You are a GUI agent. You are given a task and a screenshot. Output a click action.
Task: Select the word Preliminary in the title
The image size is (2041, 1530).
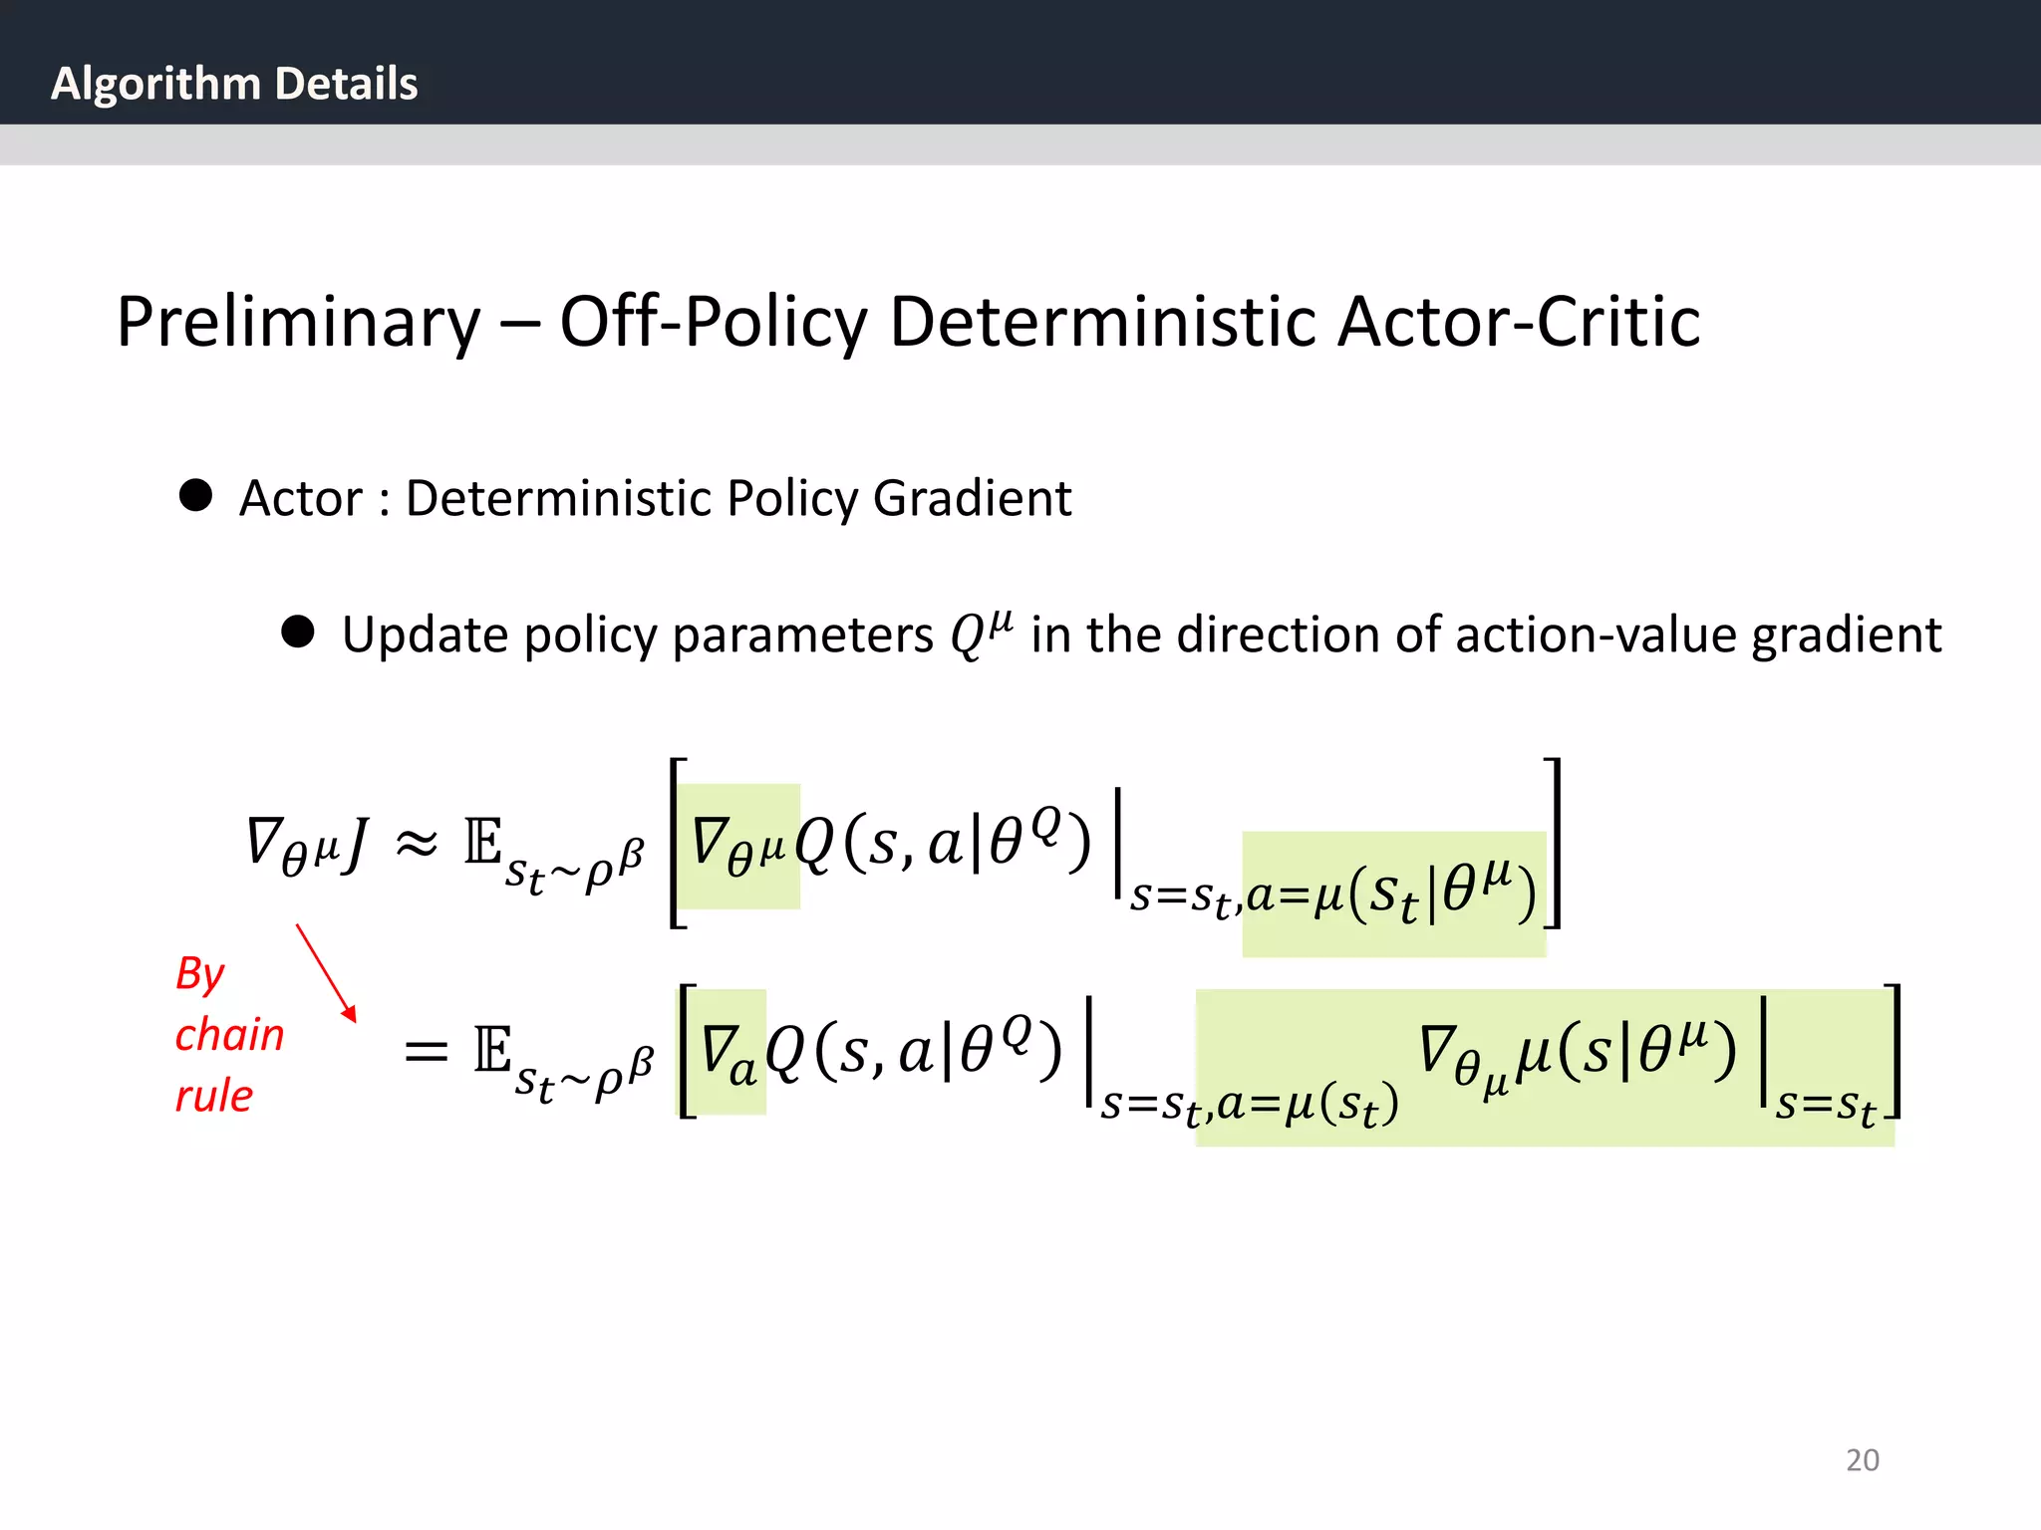point(298,322)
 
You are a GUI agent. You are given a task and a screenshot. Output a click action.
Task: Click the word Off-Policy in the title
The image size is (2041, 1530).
point(714,322)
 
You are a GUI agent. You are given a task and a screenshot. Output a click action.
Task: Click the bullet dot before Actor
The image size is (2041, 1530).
point(195,495)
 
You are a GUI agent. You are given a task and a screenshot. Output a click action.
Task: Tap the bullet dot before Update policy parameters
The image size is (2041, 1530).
point(298,632)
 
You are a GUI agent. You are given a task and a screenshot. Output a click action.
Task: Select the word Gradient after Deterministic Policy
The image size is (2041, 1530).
point(972,498)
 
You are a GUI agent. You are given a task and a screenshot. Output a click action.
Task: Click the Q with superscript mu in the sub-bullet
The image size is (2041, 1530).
point(981,634)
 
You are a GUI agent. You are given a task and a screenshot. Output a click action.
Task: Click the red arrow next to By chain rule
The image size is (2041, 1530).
point(326,973)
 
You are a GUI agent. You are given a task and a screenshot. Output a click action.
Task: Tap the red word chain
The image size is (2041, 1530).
point(229,1035)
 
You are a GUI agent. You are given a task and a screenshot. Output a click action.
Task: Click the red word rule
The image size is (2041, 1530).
point(213,1096)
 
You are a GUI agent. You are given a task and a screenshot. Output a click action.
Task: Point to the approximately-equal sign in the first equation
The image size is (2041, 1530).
point(417,844)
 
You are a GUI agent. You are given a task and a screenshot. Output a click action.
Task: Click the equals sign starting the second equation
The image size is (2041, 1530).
point(426,1052)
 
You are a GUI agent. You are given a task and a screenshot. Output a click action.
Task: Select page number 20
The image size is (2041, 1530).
point(1862,1460)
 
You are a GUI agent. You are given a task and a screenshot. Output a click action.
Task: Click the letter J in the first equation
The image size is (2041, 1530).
point(354,844)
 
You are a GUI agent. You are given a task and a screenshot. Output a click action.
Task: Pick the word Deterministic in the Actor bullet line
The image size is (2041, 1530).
point(560,498)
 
